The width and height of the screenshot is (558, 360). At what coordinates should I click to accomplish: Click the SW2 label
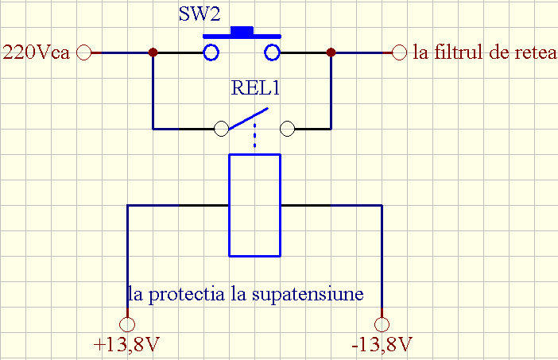click(199, 16)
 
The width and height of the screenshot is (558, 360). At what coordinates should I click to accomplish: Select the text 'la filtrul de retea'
click(485, 53)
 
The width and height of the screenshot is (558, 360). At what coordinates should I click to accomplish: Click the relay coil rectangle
click(254, 206)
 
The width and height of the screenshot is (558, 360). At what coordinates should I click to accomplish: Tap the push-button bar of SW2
click(242, 33)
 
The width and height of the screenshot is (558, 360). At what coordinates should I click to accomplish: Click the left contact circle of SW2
click(211, 53)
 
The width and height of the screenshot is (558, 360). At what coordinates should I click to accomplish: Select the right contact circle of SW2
click(273, 53)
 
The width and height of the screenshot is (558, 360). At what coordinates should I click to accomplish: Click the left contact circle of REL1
click(222, 128)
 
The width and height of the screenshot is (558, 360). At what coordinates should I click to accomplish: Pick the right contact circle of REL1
click(288, 128)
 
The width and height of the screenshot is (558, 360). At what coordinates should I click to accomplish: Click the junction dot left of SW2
click(153, 53)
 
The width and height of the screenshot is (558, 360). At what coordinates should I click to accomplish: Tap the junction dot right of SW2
click(331, 53)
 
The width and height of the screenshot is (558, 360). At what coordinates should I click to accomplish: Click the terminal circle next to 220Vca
click(86, 53)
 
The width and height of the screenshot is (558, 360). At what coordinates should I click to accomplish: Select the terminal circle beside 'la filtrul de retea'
click(400, 53)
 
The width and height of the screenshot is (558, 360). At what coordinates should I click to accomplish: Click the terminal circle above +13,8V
click(126, 324)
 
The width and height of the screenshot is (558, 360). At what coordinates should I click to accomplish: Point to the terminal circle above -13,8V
click(382, 324)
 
